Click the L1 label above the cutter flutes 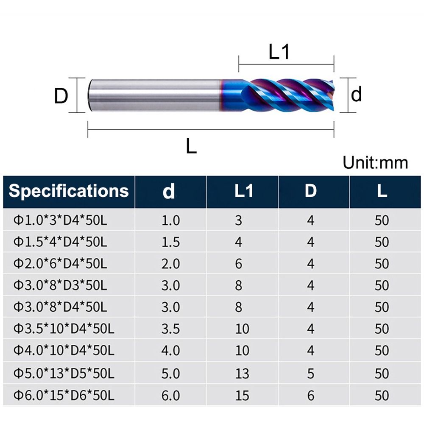(279, 52)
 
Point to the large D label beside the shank (61, 96)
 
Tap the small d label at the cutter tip (356, 94)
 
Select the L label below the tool (191, 146)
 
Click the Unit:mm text (375, 162)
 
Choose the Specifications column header (69, 191)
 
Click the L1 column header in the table (244, 191)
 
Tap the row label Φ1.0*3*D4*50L (60, 220)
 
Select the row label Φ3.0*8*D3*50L (60, 285)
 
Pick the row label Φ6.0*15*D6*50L (64, 395)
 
